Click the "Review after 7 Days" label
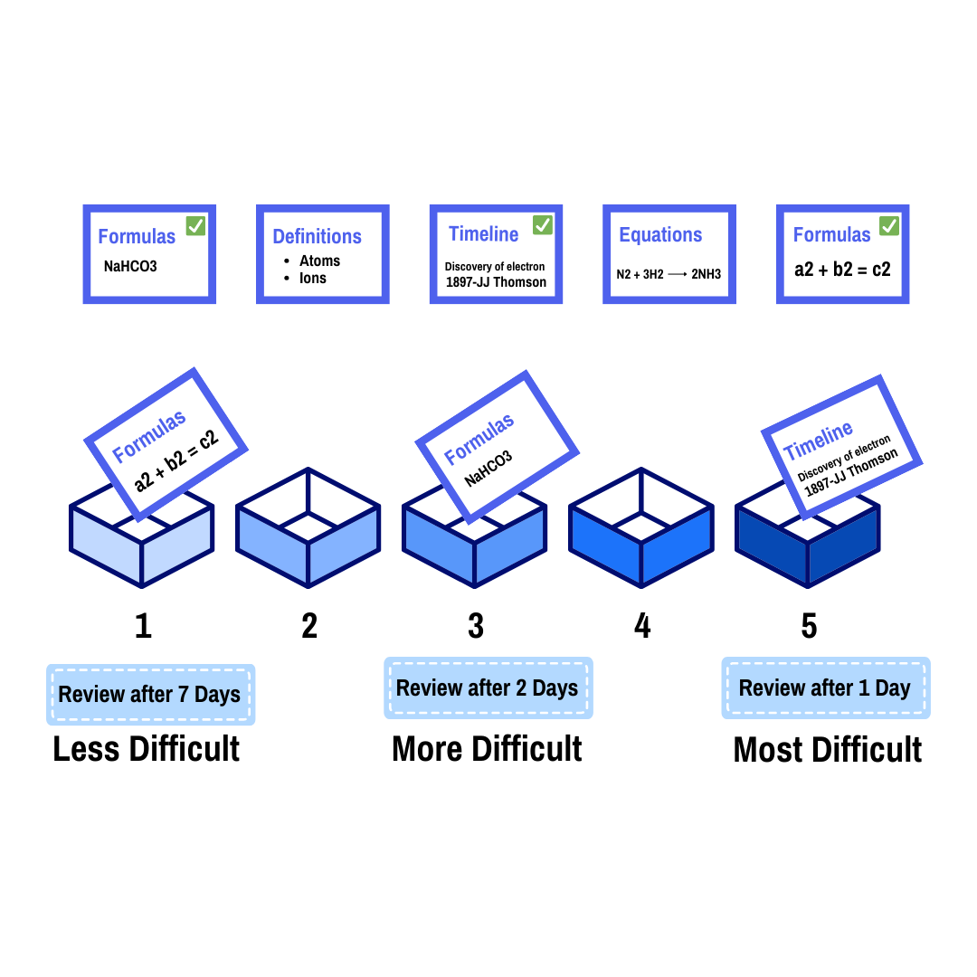coord(150,695)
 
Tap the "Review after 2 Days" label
coord(488,688)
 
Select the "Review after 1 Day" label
coord(825,688)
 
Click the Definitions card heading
coord(317,237)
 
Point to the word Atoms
coord(320,261)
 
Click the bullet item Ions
coord(313,278)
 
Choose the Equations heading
coord(660,235)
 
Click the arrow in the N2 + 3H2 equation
coord(678,274)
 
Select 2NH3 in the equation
coord(707,274)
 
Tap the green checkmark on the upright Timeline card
coord(543,224)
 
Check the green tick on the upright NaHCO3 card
coord(195,225)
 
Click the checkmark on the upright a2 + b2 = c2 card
coord(889,225)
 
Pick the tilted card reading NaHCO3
coord(496,445)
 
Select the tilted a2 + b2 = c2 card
coord(166,443)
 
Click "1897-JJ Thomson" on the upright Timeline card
coord(496,282)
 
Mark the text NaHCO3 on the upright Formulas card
coord(130,267)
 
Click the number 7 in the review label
coord(184,695)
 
